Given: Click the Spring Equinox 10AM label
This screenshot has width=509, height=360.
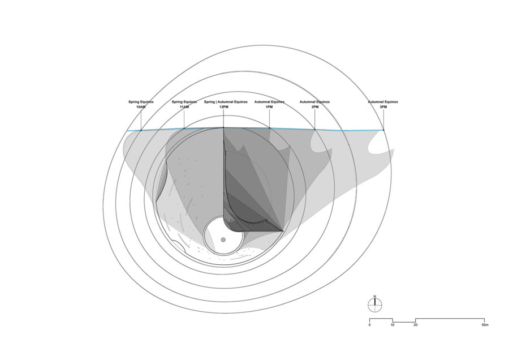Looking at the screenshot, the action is [x=141, y=104].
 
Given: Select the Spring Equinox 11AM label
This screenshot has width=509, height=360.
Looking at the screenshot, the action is [x=184, y=104].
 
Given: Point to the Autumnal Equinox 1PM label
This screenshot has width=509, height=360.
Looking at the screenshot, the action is [x=269, y=104].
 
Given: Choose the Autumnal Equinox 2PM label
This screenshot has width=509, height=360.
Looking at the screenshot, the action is [x=314, y=104].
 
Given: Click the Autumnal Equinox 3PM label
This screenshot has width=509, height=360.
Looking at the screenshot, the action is [x=383, y=104].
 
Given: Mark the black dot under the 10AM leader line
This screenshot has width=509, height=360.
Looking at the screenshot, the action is [x=141, y=130].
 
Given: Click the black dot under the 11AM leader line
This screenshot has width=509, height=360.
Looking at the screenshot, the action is [x=184, y=128].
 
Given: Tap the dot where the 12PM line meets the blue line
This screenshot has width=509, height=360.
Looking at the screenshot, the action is [x=223, y=128].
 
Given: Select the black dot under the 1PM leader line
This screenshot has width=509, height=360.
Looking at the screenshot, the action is [x=269, y=128].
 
